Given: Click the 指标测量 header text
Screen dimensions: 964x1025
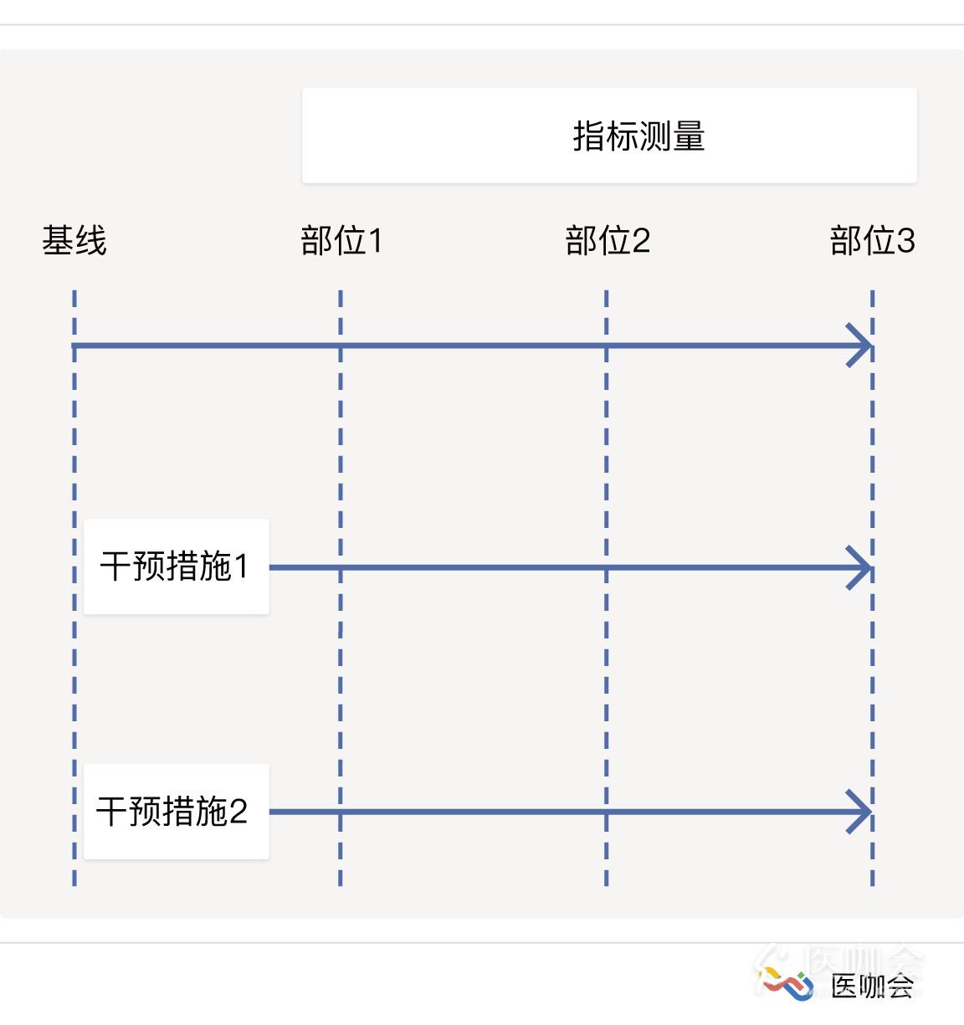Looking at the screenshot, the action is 638,136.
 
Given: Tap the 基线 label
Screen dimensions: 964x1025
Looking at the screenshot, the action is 74,240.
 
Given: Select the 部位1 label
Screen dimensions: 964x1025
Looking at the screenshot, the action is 341,240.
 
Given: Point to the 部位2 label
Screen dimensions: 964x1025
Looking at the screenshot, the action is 608,240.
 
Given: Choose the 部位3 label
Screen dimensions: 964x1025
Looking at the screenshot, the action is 873,240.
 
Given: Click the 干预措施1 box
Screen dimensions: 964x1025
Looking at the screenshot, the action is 176,566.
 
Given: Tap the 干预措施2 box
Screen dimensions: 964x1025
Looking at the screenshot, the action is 176,812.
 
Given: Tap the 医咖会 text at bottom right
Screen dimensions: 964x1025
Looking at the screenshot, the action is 872,986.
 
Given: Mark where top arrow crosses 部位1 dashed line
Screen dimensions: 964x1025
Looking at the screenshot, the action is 341,346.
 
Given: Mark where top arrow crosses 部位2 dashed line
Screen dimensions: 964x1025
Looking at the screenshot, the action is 606,346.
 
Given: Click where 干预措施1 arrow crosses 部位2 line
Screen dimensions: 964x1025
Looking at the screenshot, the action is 606,567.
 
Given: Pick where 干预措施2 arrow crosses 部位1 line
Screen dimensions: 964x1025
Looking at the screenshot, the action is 341,812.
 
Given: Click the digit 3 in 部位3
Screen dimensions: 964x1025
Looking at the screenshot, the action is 905,241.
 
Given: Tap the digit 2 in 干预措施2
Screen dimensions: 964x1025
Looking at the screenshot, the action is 238,812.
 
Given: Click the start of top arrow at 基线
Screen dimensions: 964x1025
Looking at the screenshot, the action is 74,346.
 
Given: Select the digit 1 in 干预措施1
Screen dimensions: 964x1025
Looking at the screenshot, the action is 242,566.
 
